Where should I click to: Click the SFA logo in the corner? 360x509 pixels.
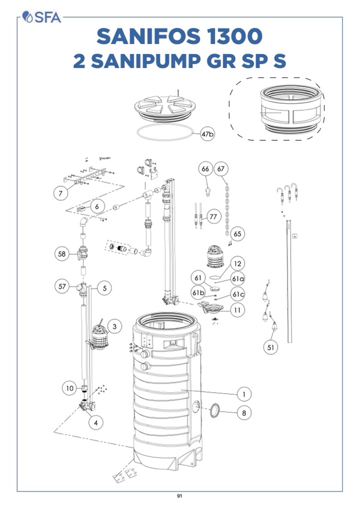(41, 17)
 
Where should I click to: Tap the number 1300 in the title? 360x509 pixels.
(234, 36)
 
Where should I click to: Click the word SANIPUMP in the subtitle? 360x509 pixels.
(146, 61)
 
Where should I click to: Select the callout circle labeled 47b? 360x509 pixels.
(208, 134)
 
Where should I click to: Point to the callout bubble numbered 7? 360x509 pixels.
(61, 194)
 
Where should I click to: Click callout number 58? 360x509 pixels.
(62, 254)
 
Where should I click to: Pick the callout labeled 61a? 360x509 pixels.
(238, 279)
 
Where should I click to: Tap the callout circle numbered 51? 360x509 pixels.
(271, 347)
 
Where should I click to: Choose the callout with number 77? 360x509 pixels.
(213, 217)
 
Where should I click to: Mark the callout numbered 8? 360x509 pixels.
(244, 413)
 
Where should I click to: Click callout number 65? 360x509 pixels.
(238, 234)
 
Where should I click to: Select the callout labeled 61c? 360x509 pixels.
(238, 295)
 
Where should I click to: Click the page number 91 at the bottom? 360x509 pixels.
(179, 496)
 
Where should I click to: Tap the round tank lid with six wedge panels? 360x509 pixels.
(165, 108)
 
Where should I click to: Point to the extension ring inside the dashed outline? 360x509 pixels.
(291, 109)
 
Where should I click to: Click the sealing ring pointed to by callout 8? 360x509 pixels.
(215, 411)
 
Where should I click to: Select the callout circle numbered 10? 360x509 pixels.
(70, 388)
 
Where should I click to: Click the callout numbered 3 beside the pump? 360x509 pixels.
(114, 326)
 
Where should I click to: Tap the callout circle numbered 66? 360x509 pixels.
(205, 169)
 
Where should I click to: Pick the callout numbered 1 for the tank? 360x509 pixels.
(244, 394)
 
